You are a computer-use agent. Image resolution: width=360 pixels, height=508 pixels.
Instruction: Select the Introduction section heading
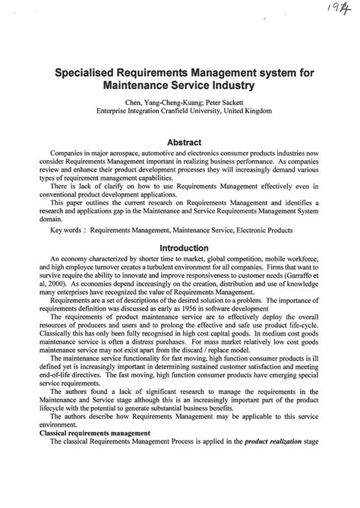[x=180, y=248]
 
